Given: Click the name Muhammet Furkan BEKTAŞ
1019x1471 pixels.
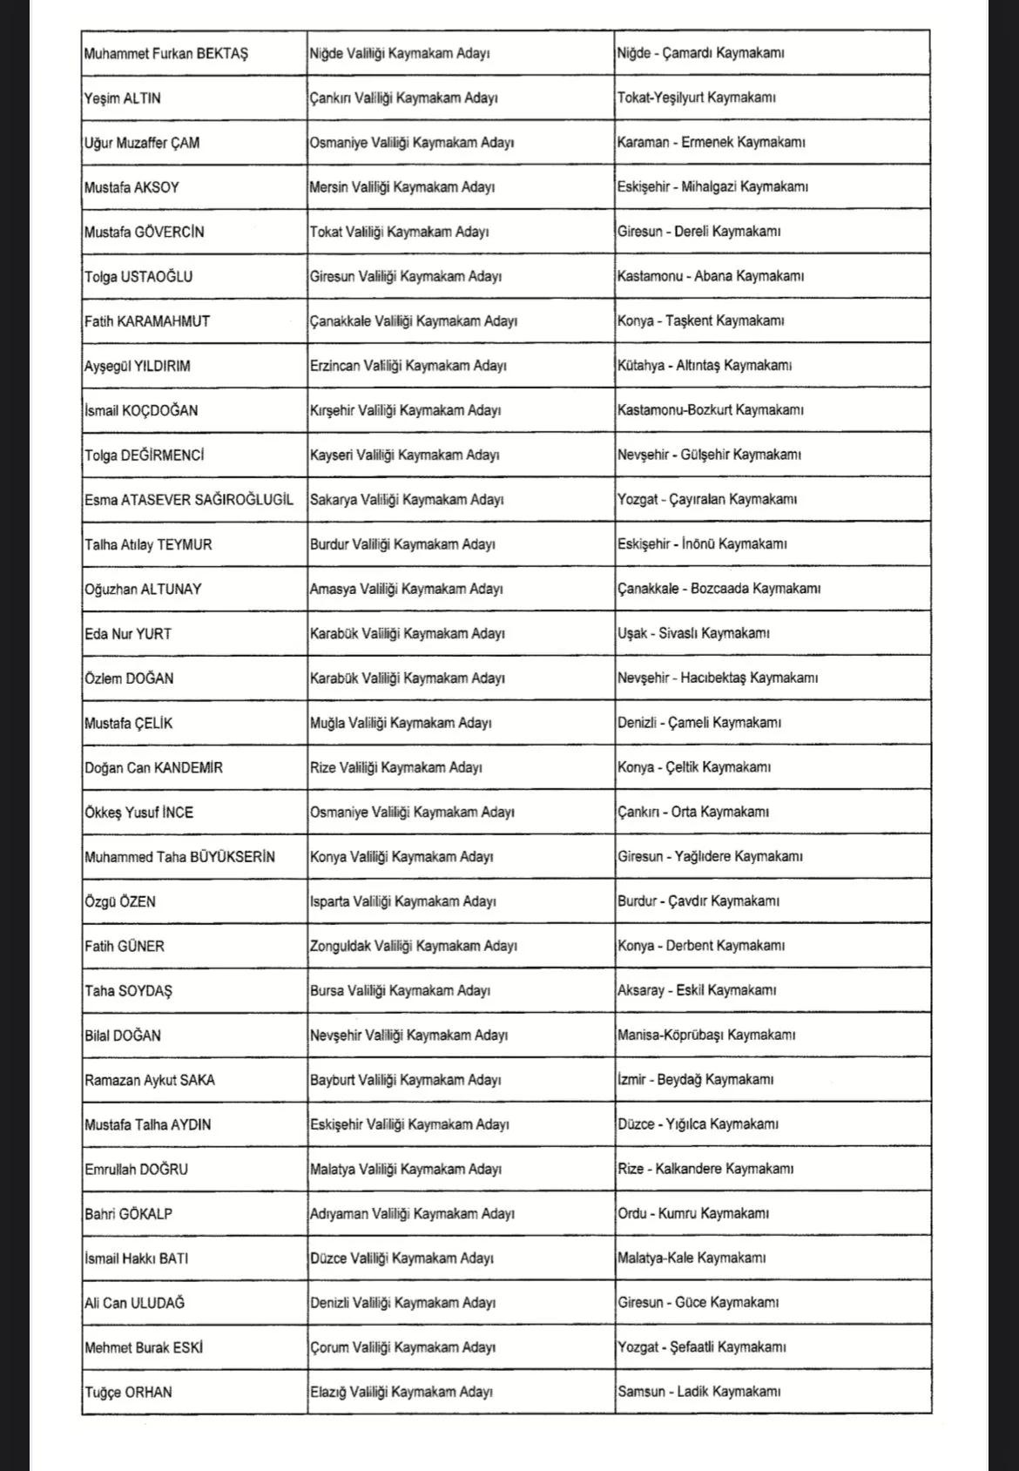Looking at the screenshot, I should (x=166, y=54).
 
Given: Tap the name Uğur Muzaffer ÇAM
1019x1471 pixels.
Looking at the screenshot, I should (x=142, y=143).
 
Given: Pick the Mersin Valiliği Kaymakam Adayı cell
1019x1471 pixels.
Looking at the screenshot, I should (x=402, y=187).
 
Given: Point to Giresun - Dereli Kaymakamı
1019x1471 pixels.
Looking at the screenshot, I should (x=699, y=232).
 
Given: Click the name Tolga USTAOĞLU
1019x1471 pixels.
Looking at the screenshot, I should (x=138, y=277).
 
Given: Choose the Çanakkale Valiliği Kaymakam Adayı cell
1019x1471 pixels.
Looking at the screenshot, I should (x=414, y=321).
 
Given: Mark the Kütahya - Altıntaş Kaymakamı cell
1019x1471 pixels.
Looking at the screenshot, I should (x=705, y=366).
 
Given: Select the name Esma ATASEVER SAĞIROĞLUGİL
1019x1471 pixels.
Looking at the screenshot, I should (x=189, y=500).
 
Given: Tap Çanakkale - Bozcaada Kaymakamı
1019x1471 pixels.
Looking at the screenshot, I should (x=719, y=589).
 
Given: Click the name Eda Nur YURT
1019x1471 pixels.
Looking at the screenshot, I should (x=128, y=634).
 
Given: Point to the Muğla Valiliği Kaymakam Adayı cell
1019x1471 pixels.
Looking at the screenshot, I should (x=401, y=723).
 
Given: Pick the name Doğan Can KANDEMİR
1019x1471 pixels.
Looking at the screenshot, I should (x=153, y=768).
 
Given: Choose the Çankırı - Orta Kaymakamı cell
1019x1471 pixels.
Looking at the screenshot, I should (x=693, y=812).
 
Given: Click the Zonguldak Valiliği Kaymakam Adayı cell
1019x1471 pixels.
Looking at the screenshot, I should (x=414, y=946).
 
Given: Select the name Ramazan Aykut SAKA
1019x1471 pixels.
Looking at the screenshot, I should (x=150, y=1080).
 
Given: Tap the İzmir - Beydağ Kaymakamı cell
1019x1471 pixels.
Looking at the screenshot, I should (x=696, y=1080).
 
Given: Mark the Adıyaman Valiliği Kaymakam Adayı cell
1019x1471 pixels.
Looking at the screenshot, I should (x=412, y=1214).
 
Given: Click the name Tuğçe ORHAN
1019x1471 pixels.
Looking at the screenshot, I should (x=128, y=1393).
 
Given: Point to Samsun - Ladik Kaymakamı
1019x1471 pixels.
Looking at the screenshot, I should (x=699, y=1392).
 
